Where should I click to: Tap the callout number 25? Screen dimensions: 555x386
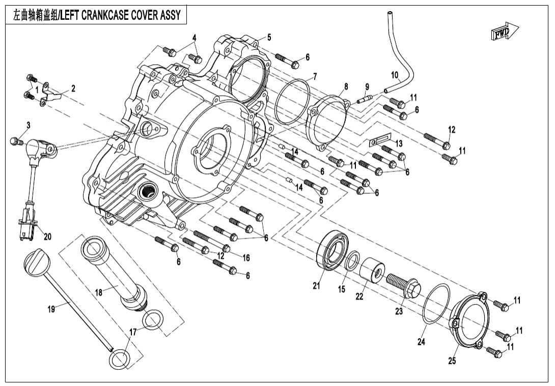coord(452,361)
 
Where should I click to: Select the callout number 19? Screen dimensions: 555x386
coord(51,309)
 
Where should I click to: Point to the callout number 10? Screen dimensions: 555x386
coord(395,75)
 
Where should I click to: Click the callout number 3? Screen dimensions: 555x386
coord(29,125)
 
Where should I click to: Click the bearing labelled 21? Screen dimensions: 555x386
coord(333,251)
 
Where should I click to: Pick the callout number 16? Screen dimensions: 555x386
coord(246,258)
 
